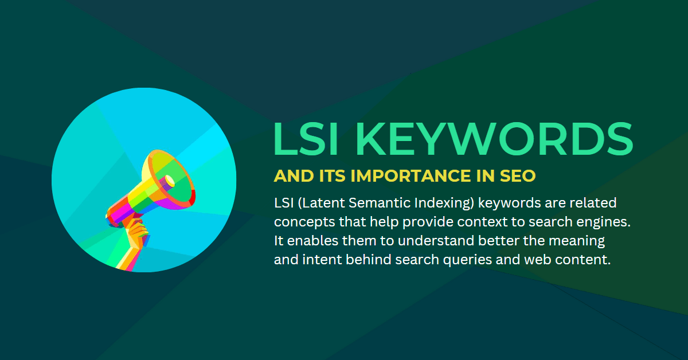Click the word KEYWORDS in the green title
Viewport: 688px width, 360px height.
[494, 139]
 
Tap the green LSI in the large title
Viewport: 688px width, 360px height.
[306, 139]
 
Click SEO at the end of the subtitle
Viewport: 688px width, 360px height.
[518, 176]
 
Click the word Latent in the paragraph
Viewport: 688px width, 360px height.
[321, 203]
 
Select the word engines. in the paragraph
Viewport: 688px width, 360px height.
[604, 222]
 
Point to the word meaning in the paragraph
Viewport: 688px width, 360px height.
[577, 241]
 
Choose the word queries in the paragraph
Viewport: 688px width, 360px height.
[467, 260]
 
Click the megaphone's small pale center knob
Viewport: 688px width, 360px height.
[170, 181]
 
